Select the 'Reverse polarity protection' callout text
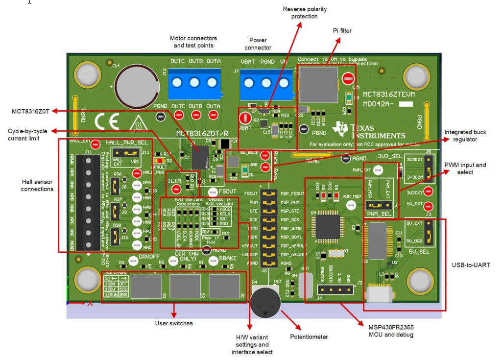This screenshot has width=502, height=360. tap(305, 13)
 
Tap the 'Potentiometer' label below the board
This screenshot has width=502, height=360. tap(309, 336)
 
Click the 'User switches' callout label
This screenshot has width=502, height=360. tap(174, 323)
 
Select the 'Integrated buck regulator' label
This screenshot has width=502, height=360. tap(465, 136)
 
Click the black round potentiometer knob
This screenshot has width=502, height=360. tap(265, 303)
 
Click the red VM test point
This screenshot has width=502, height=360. tap(348, 79)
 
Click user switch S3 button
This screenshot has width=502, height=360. tap(146, 287)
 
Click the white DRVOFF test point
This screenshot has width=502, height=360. tap(133, 261)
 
